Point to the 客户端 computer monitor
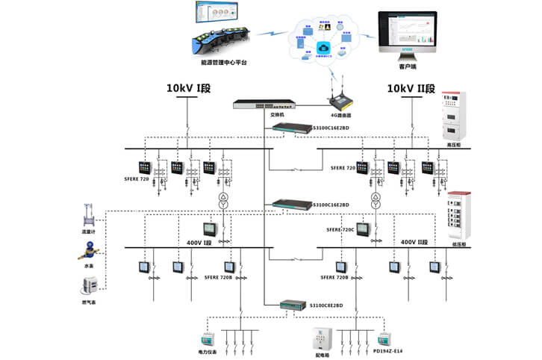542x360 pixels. (408, 33)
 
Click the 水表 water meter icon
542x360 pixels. (88, 251)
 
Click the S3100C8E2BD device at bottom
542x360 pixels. (293, 305)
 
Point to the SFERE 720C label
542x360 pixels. (339, 229)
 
